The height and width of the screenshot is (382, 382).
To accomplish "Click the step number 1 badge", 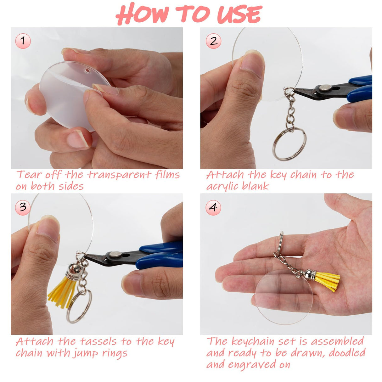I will (x=23, y=41).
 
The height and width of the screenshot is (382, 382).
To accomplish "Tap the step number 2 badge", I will (x=214, y=41).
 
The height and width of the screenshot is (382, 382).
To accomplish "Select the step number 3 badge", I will (x=23, y=207).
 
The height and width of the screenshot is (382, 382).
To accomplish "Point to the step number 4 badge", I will (x=213, y=207).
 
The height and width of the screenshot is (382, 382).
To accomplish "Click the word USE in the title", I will (x=239, y=14).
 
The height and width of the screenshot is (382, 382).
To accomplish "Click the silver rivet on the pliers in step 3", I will (x=115, y=254).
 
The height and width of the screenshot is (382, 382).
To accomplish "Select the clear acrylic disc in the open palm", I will (x=283, y=297).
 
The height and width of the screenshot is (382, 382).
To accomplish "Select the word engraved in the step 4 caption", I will (x=252, y=365).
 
